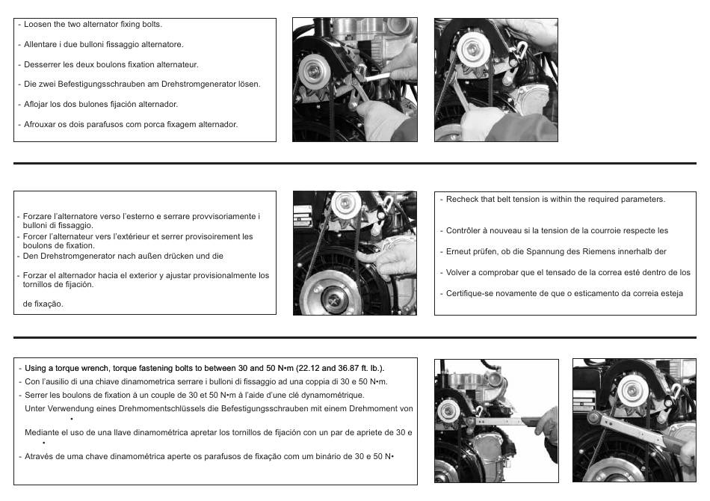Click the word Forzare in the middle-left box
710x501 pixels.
pyautogui.click(x=38, y=217)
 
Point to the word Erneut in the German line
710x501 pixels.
pyautogui.click(x=458, y=251)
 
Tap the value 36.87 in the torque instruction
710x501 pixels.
pyautogui.click(x=348, y=369)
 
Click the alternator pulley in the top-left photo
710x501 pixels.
pyautogui.click(x=314, y=71)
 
